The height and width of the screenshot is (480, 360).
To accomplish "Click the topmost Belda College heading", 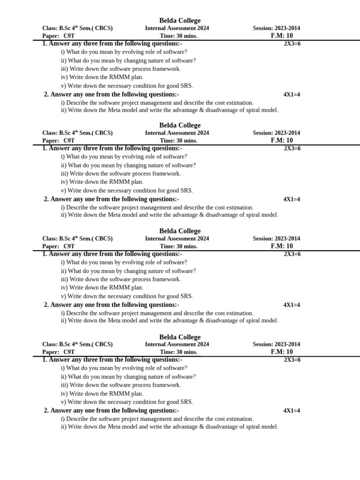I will pos(180,21).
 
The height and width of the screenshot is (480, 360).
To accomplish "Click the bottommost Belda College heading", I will pos(180,337).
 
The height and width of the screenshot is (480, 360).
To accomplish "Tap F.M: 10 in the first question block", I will pos(282,36).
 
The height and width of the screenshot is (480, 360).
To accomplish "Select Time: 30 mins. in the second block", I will pos(179,141).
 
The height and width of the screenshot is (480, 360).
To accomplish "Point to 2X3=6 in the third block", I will pos(292,254).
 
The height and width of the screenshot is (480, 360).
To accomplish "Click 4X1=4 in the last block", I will pos(292,411).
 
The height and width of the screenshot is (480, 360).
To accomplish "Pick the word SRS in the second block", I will pos(186,191).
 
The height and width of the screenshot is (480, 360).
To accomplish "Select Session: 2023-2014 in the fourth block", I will pos(277,344).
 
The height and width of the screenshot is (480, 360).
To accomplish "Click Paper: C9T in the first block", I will pos(59,36).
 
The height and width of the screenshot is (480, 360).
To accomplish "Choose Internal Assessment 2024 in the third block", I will pos(177,239).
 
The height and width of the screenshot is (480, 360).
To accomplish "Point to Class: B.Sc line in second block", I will pos(77,133).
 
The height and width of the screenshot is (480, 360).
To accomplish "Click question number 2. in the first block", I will pos(46,95).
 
